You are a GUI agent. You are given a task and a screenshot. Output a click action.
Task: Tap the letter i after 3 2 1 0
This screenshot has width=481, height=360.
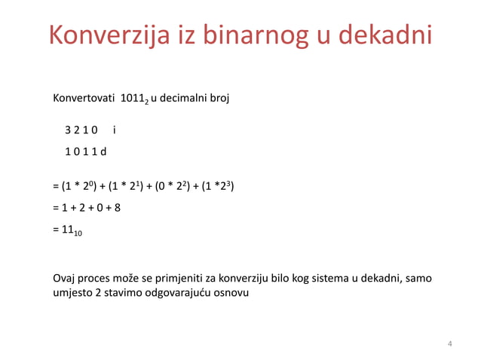[x=114, y=130]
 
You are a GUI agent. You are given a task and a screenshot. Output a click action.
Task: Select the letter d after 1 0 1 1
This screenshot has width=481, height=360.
[x=104, y=151]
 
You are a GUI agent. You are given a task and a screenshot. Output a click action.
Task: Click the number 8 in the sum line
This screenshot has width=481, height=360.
[x=117, y=208]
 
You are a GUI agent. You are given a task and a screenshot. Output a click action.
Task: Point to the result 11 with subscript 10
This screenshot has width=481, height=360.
[x=72, y=231]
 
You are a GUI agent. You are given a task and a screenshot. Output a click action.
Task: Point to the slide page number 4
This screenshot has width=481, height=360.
[x=450, y=345]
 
